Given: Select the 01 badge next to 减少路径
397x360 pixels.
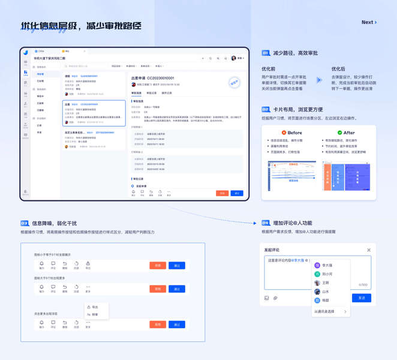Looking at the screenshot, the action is (266, 53).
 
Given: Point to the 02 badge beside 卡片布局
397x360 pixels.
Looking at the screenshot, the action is (266, 110).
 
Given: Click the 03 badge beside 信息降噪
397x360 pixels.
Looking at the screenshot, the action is (25, 223).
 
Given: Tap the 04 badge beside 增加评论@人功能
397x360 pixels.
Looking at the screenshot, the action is (266, 223).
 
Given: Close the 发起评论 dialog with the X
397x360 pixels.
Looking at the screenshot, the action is (369, 250).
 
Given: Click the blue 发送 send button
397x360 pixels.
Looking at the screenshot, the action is (362, 298).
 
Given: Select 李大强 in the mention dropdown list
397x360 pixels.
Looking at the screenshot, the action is (327, 265).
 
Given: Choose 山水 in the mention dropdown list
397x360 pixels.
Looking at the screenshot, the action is (325, 292).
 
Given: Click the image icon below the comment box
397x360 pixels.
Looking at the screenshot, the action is (267, 298).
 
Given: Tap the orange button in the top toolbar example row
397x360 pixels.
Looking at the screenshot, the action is (158, 265).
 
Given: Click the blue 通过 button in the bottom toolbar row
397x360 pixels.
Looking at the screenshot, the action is (177, 325).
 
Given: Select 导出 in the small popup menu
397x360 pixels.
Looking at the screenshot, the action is (95, 307).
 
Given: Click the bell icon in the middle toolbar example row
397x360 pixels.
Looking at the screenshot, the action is (41, 287).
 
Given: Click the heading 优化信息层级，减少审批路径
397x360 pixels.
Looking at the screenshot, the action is (81, 26).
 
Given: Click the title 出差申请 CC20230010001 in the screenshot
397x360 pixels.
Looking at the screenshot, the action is (152, 78).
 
